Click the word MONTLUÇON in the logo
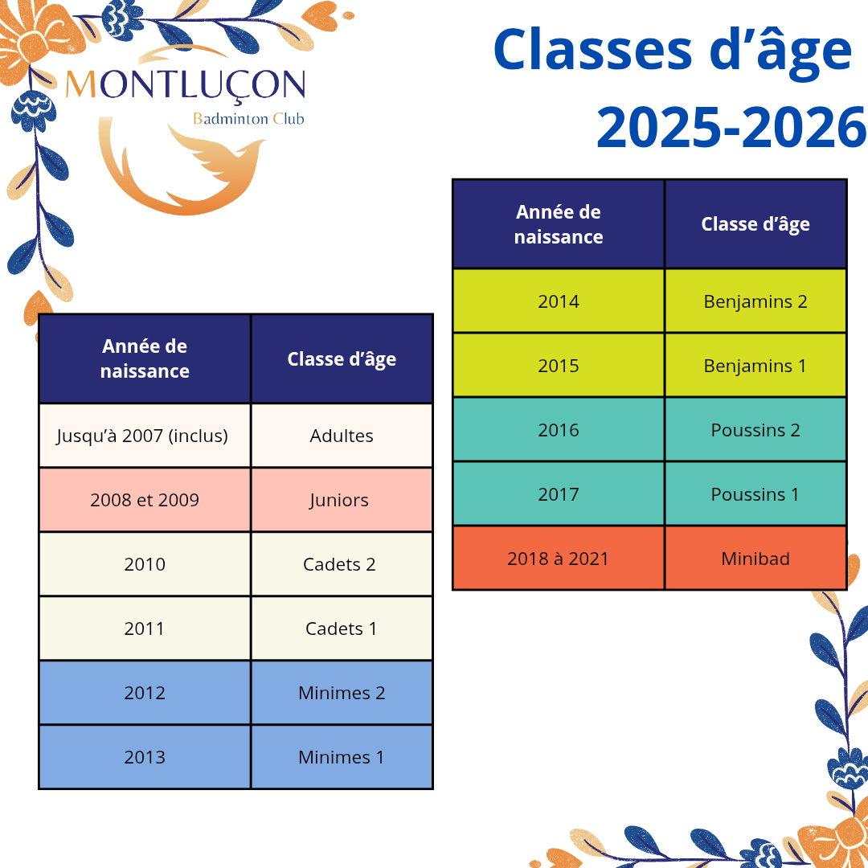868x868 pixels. click(186, 85)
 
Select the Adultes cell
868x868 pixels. click(342, 436)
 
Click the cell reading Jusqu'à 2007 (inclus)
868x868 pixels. click(145, 436)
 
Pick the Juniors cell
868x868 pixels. click(342, 500)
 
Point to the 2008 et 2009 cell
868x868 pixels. click(145, 500)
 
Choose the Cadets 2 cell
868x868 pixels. click(342, 564)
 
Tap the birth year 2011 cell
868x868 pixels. click(145, 628)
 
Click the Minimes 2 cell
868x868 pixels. click(342, 693)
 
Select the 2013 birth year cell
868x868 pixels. click(145, 757)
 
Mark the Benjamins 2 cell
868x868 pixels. click(755, 301)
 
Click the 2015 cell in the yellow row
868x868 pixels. click(559, 366)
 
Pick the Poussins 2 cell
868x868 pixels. click(755, 429)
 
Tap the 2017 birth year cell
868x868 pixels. click(559, 493)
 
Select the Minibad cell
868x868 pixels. click(755, 558)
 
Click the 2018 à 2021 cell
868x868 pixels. click(559, 558)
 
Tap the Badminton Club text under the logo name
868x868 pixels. click(248, 118)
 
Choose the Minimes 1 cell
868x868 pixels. click(342, 757)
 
